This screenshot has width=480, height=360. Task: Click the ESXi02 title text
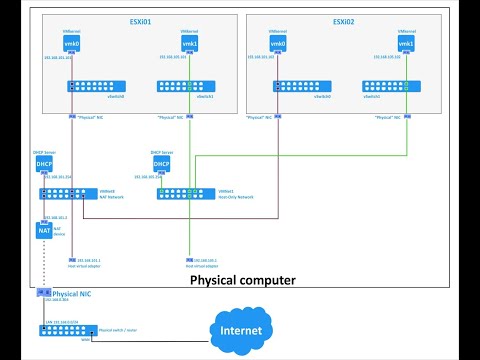pos(343,21)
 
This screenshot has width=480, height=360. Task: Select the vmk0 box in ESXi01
pos(70,44)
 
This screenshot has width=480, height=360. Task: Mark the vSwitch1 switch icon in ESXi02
pos(391,88)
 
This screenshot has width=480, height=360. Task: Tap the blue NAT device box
pos(43,231)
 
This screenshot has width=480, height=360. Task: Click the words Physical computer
pos(242,281)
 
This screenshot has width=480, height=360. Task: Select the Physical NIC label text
pos(79,295)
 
